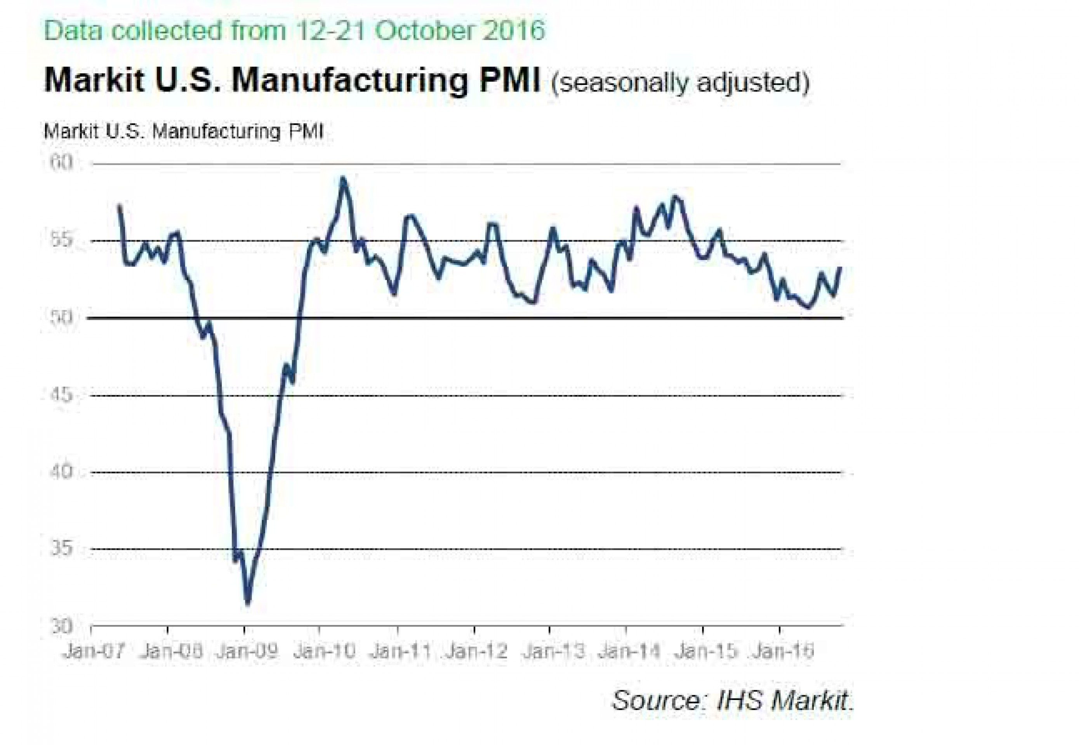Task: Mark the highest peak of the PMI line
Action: [x=343, y=178]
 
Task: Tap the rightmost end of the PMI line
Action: [x=840, y=268]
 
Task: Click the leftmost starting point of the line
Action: [x=120, y=206]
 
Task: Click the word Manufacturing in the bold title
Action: [x=349, y=80]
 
